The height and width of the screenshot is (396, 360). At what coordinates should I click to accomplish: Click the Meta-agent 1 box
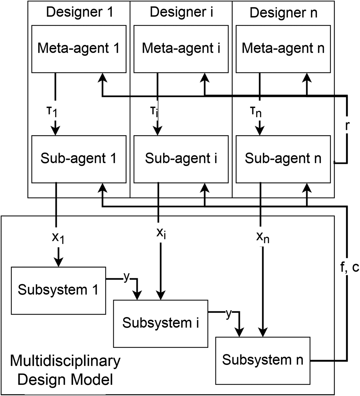(79, 49)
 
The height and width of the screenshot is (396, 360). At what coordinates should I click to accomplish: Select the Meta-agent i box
(181, 49)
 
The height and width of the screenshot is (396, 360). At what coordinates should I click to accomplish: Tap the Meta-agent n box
(283, 49)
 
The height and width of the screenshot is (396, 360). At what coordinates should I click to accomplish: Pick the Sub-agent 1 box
(79, 159)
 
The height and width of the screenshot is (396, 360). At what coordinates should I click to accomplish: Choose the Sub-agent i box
(181, 159)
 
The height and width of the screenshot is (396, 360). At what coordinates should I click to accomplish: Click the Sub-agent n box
(283, 159)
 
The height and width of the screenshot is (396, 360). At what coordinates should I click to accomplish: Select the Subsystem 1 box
(58, 290)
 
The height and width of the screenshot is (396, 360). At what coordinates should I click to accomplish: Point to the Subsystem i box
(160, 323)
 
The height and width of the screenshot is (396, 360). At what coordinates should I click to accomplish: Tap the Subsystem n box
(263, 360)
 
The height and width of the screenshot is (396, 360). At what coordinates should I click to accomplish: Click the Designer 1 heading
(79, 12)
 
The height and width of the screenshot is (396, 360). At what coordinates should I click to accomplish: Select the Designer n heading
(283, 13)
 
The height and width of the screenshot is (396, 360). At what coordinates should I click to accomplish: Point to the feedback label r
(347, 126)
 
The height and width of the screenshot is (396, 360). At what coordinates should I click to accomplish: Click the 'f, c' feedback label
(349, 268)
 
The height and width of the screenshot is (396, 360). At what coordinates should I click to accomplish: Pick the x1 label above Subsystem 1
(58, 238)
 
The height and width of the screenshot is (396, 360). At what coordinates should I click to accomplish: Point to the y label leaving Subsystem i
(229, 314)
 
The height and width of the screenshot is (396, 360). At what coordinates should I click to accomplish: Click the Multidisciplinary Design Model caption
(65, 370)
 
